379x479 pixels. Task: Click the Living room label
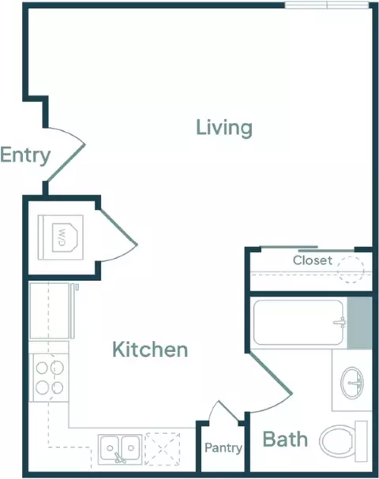pos(224,128)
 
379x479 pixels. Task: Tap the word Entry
pos(25,155)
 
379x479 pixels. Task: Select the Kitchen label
pos(150,350)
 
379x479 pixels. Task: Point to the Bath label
pos(285,440)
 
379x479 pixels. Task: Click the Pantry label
pos(223,448)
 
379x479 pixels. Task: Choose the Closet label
pos(313,260)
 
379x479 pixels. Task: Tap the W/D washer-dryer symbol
pos(61,238)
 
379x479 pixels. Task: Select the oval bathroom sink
pos(352,383)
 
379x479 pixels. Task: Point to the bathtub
pos(299,323)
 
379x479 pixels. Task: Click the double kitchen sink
pos(120,448)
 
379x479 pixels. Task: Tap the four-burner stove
pos(49,377)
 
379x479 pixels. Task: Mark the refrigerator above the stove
pos(52,311)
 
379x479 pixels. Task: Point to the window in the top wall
pos(327,6)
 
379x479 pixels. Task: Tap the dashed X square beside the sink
pos(163,449)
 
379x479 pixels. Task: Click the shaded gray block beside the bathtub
pos(360,323)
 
